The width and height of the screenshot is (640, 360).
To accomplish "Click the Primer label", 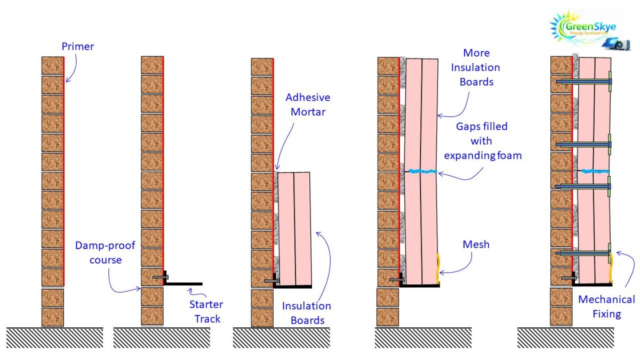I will [x=77, y=46].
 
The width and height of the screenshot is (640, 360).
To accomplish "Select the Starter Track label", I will [x=206, y=311].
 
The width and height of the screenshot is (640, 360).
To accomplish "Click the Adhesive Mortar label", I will [x=308, y=105].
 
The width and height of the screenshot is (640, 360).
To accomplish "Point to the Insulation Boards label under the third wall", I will [x=307, y=313].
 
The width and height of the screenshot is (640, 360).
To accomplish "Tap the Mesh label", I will [x=476, y=245].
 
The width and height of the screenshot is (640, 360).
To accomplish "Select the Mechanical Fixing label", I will [x=606, y=307].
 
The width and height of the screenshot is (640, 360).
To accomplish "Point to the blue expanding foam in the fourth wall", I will [x=421, y=171].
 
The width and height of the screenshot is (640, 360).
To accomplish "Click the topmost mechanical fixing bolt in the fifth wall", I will [x=583, y=82].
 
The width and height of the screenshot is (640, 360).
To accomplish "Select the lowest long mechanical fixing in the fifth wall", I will [x=583, y=253].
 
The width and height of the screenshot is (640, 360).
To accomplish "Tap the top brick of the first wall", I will [x=52, y=66].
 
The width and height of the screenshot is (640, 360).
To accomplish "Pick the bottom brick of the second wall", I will [x=152, y=316].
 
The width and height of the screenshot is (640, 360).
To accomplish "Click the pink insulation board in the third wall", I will [x=294, y=229].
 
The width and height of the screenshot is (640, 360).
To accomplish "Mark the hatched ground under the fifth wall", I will [x=565, y=338].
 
